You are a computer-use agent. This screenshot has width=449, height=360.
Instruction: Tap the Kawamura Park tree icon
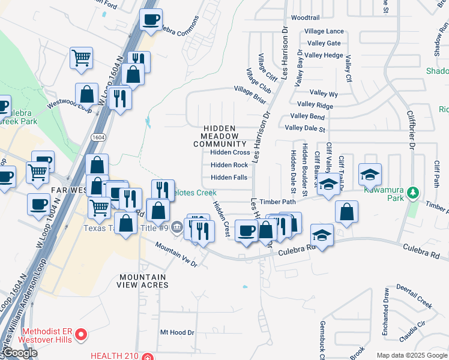pyautogui.click(x=412, y=193)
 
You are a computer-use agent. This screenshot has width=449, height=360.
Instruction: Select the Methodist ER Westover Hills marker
pyautogui.click(x=84, y=334)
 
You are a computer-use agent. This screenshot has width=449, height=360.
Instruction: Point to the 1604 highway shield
pyautogui.click(x=98, y=137)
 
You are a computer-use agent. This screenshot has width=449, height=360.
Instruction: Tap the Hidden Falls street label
pyautogui.click(x=229, y=178)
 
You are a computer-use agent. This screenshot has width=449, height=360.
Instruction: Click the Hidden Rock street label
pyautogui.click(x=229, y=165)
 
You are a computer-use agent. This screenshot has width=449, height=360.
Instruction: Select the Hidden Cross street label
pyautogui.click(x=230, y=152)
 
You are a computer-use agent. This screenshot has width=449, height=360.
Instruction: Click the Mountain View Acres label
pyautogui.click(x=143, y=281)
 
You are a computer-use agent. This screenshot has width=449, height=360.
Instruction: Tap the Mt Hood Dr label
pyautogui.click(x=178, y=332)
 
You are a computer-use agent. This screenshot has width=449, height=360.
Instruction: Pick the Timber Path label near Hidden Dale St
pyautogui.click(x=277, y=202)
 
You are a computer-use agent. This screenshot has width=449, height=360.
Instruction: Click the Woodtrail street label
pyautogui.click(x=305, y=18)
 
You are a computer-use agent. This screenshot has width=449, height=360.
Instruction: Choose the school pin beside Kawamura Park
pyautogui.click(x=370, y=174)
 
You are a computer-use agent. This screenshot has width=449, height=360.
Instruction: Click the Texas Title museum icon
pyautogui.click(x=177, y=227)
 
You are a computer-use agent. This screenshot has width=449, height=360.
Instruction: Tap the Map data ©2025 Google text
pyautogui.click(x=412, y=355)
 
